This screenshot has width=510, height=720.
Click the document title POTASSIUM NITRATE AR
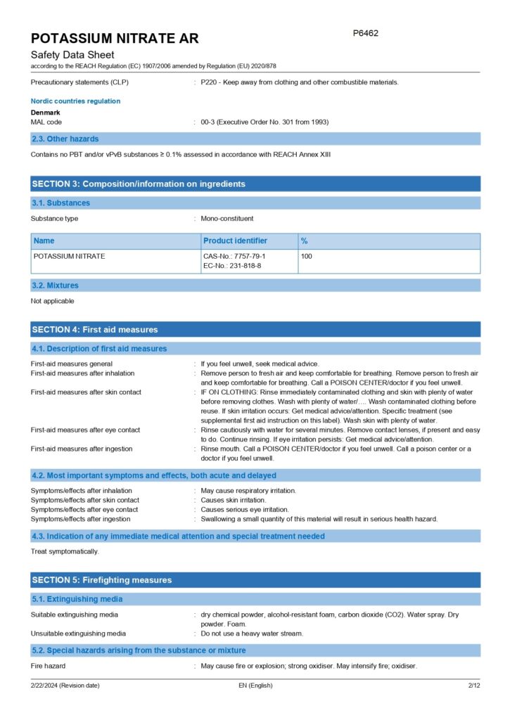(115, 38)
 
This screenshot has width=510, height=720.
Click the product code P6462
(365, 33)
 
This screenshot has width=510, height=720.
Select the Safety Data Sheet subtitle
(72, 55)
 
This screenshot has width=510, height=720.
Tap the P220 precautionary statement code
(210, 82)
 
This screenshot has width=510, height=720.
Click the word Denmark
(46, 112)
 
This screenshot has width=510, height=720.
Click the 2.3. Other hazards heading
(65, 139)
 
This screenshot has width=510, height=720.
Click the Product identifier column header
(235, 240)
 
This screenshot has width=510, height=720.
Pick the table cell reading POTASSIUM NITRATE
(69, 256)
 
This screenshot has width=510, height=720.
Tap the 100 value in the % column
(306, 256)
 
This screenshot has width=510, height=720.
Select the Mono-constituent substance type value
(227, 219)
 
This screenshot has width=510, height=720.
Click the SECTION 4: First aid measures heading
(95, 330)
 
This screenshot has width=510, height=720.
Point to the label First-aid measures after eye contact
(85, 430)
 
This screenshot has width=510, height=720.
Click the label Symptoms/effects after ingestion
(80, 519)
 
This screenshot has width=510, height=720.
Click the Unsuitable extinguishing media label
(78, 634)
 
